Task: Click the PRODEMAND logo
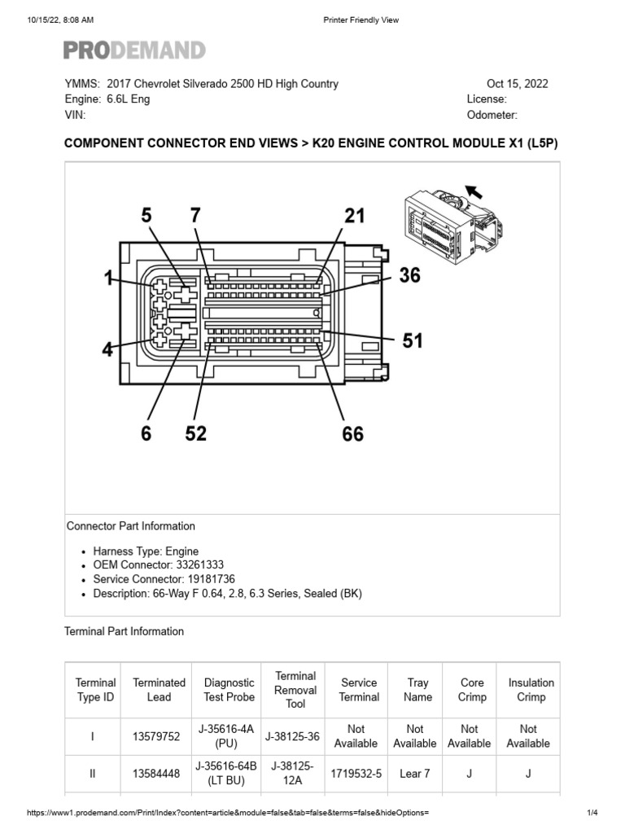[134, 50]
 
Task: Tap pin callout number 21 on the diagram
[354, 216]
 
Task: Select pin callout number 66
[352, 434]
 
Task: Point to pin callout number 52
[195, 434]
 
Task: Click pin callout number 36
[409, 276]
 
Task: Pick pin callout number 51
[413, 340]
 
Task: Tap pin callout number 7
[195, 216]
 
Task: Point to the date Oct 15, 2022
[517, 84]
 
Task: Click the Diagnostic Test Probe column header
[229, 690]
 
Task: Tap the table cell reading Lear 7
[415, 774]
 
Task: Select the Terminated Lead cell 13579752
[159, 736]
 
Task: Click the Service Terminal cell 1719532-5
[359, 774]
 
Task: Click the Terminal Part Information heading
[124, 631]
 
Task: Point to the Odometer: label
[492, 115]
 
